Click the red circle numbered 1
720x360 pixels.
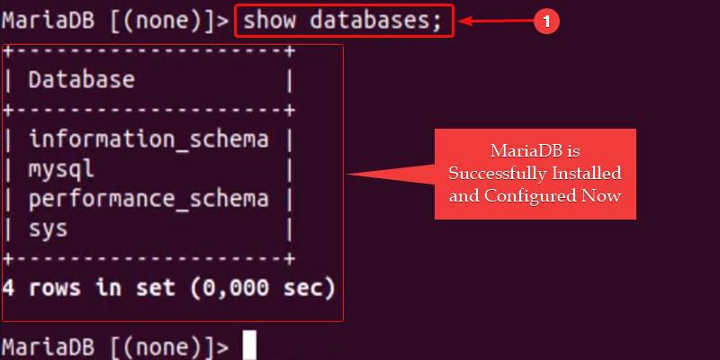click(x=546, y=21)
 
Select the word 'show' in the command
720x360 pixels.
click(x=269, y=21)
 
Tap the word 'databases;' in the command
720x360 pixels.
click(x=375, y=21)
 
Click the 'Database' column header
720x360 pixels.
click(x=82, y=80)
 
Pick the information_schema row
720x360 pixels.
click(x=148, y=139)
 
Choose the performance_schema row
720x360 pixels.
click(x=148, y=199)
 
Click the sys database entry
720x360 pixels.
click(x=49, y=229)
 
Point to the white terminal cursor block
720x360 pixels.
click(x=249, y=346)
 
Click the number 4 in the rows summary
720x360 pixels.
click(x=8, y=288)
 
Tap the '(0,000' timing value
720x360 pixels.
click(x=229, y=288)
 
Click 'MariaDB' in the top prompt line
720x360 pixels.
click(x=49, y=21)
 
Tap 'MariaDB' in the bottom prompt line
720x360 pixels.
click(x=49, y=346)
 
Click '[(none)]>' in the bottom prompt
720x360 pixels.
click(x=169, y=346)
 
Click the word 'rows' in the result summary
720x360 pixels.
click(x=55, y=288)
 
